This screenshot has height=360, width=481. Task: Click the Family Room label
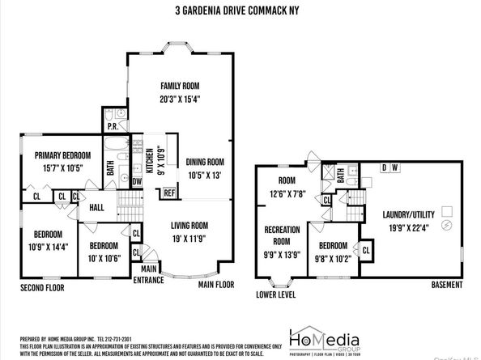coord(180,86)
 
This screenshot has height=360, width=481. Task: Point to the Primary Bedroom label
coord(62,155)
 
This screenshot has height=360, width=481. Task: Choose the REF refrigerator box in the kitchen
coord(170,193)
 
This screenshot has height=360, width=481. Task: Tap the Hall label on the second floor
coord(96,208)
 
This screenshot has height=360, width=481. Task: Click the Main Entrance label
coord(150,273)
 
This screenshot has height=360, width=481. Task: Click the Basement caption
coord(446,285)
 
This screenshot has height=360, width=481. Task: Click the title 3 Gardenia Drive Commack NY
coord(240,11)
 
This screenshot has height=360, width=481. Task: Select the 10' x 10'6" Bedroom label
coord(104,252)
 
